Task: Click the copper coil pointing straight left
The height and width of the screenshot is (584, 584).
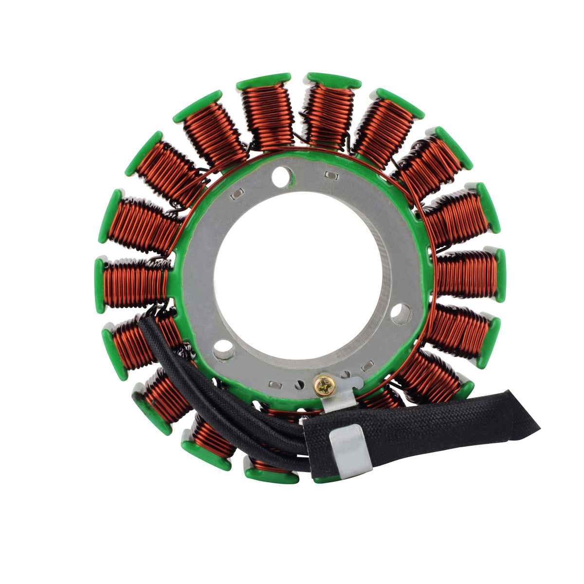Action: tap(134, 283)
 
